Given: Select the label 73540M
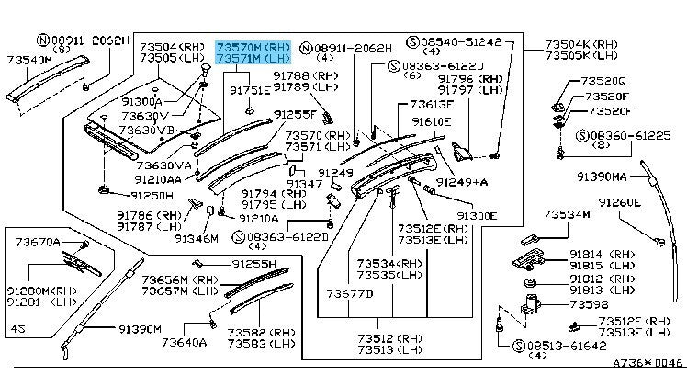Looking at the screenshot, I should (x=28, y=59).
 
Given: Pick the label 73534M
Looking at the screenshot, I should (x=567, y=214).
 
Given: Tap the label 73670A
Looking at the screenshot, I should (x=38, y=242).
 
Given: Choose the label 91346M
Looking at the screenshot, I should (x=197, y=237).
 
